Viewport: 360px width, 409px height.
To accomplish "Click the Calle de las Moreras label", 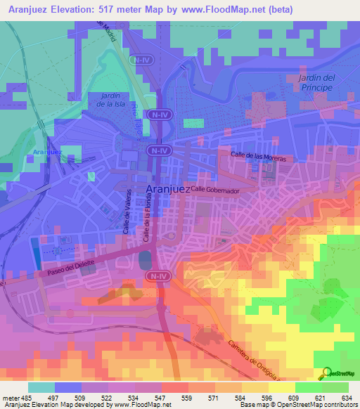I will [x=259, y=156].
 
